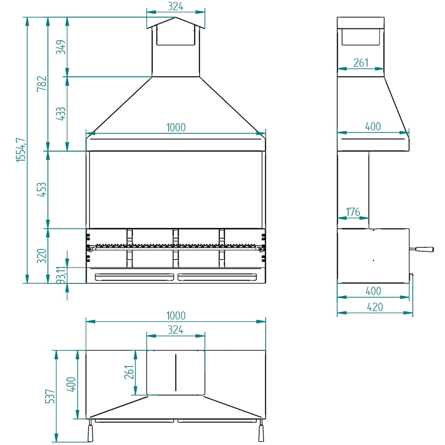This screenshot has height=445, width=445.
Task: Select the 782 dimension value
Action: (x=42, y=83)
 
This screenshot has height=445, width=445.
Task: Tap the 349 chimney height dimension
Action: (x=61, y=47)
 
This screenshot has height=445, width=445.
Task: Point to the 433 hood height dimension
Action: (x=61, y=113)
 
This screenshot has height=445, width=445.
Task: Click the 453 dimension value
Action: (x=42, y=189)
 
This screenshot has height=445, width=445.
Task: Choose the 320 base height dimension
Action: (x=42, y=256)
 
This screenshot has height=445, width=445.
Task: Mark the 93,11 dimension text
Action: (x=62, y=275)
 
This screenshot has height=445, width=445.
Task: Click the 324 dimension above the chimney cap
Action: (x=175, y=7)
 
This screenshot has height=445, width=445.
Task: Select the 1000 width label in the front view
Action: (x=176, y=127)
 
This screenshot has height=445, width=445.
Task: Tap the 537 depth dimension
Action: (x=50, y=396)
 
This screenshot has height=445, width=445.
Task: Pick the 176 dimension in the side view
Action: (x=353, y=212)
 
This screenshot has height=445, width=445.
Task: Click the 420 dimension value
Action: (x=375, y=307)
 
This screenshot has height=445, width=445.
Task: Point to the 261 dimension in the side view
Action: (x=360, y=63)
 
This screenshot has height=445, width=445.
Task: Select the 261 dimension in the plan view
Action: (x=129, y=372)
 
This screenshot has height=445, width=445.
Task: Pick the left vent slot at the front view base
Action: (x=134, y=277)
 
